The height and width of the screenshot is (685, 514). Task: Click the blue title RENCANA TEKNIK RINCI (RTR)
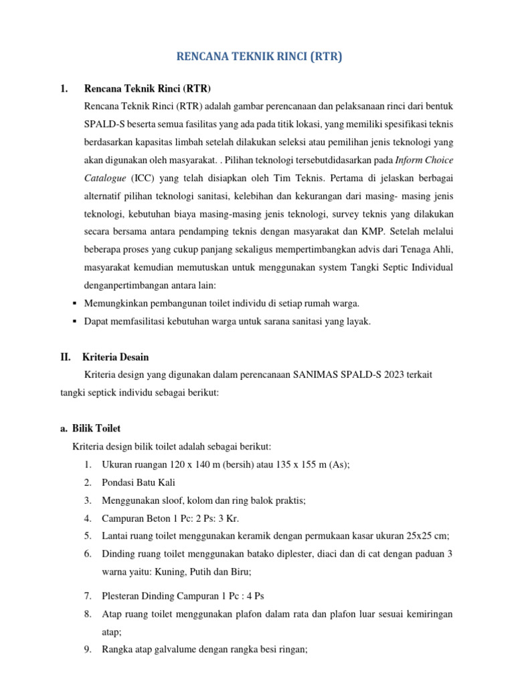pyautogui.click(x=259, y=58)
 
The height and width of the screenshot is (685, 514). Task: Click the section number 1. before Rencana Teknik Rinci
pyautogui.click(x=64, y=89)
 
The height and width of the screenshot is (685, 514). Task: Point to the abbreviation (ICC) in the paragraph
pyautogui.click(x=143, y=197)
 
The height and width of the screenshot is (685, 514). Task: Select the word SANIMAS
pyautogui.click(x=315, y=375)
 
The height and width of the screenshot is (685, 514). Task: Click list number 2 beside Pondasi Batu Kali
pyautogui.click(x=88, y=482)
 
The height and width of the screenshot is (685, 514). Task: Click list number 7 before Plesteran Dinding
pyautogui.click(x=88, y=595)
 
